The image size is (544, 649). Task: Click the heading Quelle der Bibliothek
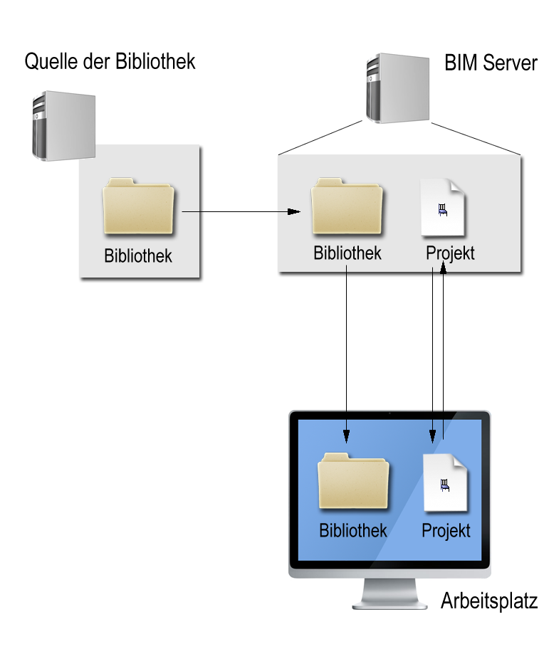point(110,62)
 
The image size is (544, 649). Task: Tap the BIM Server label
point(491,63)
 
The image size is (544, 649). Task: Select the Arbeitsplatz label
point(488,601)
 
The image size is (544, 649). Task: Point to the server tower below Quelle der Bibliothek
point(63,125)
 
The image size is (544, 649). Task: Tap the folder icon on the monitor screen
point(353,482)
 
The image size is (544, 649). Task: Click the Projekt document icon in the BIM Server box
point(443,208)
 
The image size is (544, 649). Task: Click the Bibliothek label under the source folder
point(138,256)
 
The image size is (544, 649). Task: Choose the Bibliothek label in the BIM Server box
point(347,253)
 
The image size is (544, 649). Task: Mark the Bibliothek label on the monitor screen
point(353,531)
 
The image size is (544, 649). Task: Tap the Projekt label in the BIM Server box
point(450,253)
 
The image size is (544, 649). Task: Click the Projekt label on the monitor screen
point(446,531)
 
